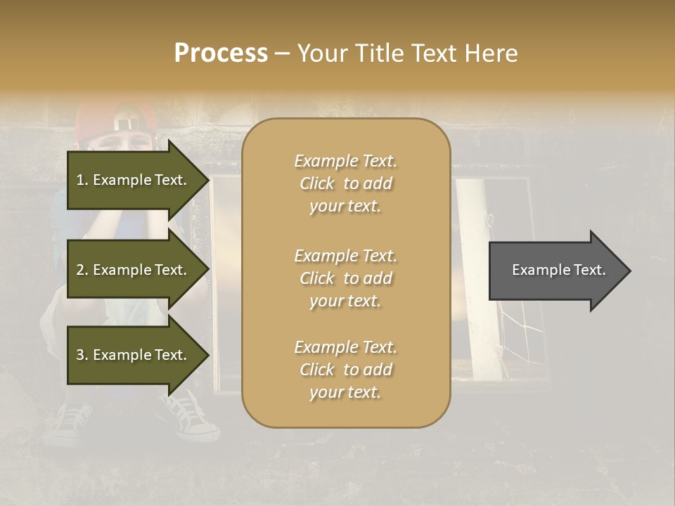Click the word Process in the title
pos(221,53)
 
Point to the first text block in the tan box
pos(345,183)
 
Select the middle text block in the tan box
pos(345,278)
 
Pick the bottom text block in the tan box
pos(345,370)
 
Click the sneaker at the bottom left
pos(67,425)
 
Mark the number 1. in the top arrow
pos(82,180)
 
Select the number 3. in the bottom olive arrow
pos(82,355)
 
